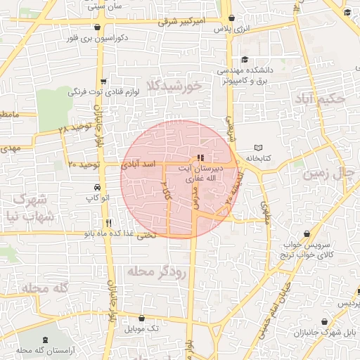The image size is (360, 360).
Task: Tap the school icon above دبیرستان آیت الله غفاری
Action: coord(200,158)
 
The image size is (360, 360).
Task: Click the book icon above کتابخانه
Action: coord(258,148)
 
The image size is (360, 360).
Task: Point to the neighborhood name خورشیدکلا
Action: coord(174,85)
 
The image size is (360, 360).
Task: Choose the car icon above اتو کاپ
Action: coord(96,188)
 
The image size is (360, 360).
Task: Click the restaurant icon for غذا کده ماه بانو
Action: coord(108,223)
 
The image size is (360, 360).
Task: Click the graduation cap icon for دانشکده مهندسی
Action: coord(243,60)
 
